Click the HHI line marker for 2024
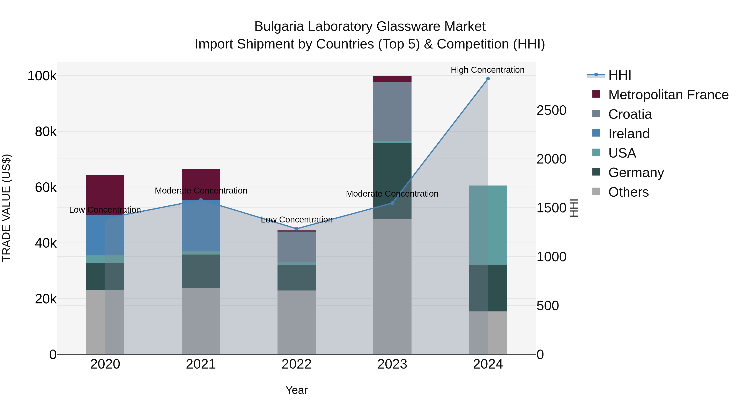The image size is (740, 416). point(488,79)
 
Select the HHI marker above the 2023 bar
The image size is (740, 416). point(392,203)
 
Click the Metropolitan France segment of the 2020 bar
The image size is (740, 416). point(105,195)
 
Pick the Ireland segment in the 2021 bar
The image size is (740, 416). point(201,225)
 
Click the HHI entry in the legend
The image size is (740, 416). point(620,75)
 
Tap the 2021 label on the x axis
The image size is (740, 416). point(201,364)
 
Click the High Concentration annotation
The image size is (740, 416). point(488,70)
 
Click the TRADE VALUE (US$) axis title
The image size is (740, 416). point(6,208)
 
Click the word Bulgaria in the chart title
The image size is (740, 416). point(279,27)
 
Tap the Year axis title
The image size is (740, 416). point(296,390)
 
